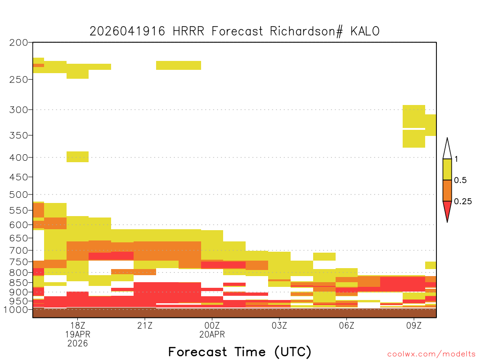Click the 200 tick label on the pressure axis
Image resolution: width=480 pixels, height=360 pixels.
(x=18, y=43)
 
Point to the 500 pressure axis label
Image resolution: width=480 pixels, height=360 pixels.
(x=18, y=195)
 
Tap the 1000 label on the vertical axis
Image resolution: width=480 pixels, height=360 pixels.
(x=16, y=310)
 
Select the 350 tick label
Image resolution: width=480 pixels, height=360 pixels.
(x=18, y=135)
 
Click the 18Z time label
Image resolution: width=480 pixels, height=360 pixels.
(x=78, y=325)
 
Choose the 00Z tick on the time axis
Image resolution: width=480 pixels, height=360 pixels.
(x=212, y=325)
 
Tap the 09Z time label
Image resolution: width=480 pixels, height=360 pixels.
(x=414, y=325)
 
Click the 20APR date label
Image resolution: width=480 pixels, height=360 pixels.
(x=212, y=334)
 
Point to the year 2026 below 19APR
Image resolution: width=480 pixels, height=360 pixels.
(x=78, y=344)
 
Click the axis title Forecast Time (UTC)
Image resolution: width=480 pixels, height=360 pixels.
(x=240, y=352)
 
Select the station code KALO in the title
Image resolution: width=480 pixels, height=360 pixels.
(x=365, y=31)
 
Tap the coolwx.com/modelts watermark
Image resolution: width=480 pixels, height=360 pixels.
(x=431, y=354)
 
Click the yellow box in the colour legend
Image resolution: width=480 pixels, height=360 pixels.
(x=447, y=169)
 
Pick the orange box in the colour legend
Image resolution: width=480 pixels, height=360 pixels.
(x=447, y=190)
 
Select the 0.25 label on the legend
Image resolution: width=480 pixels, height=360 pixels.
(x=463, y=202)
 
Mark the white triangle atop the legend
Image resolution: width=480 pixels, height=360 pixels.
(x=447, y=149)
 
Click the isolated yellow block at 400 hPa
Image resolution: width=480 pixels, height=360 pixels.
(x=78, y=157)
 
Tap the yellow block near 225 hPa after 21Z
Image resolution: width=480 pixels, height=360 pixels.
(x=179, y=65)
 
